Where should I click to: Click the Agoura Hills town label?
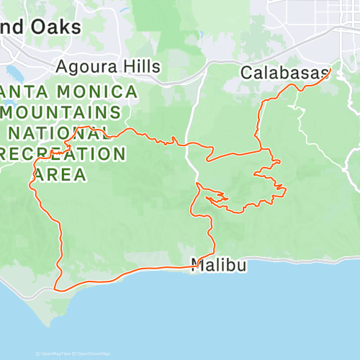click(108, 66)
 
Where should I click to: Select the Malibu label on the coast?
click(220, 265)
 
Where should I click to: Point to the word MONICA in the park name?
click(101, 92)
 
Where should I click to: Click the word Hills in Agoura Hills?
click(140, 66)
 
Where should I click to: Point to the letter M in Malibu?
click(199, 265)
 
